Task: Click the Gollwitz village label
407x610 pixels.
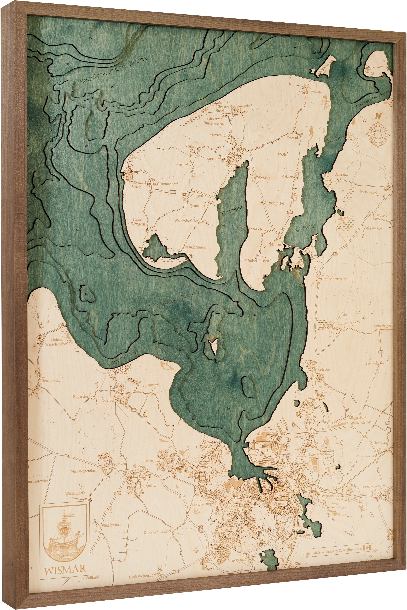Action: pyautogui.click(x=315, y=91)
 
